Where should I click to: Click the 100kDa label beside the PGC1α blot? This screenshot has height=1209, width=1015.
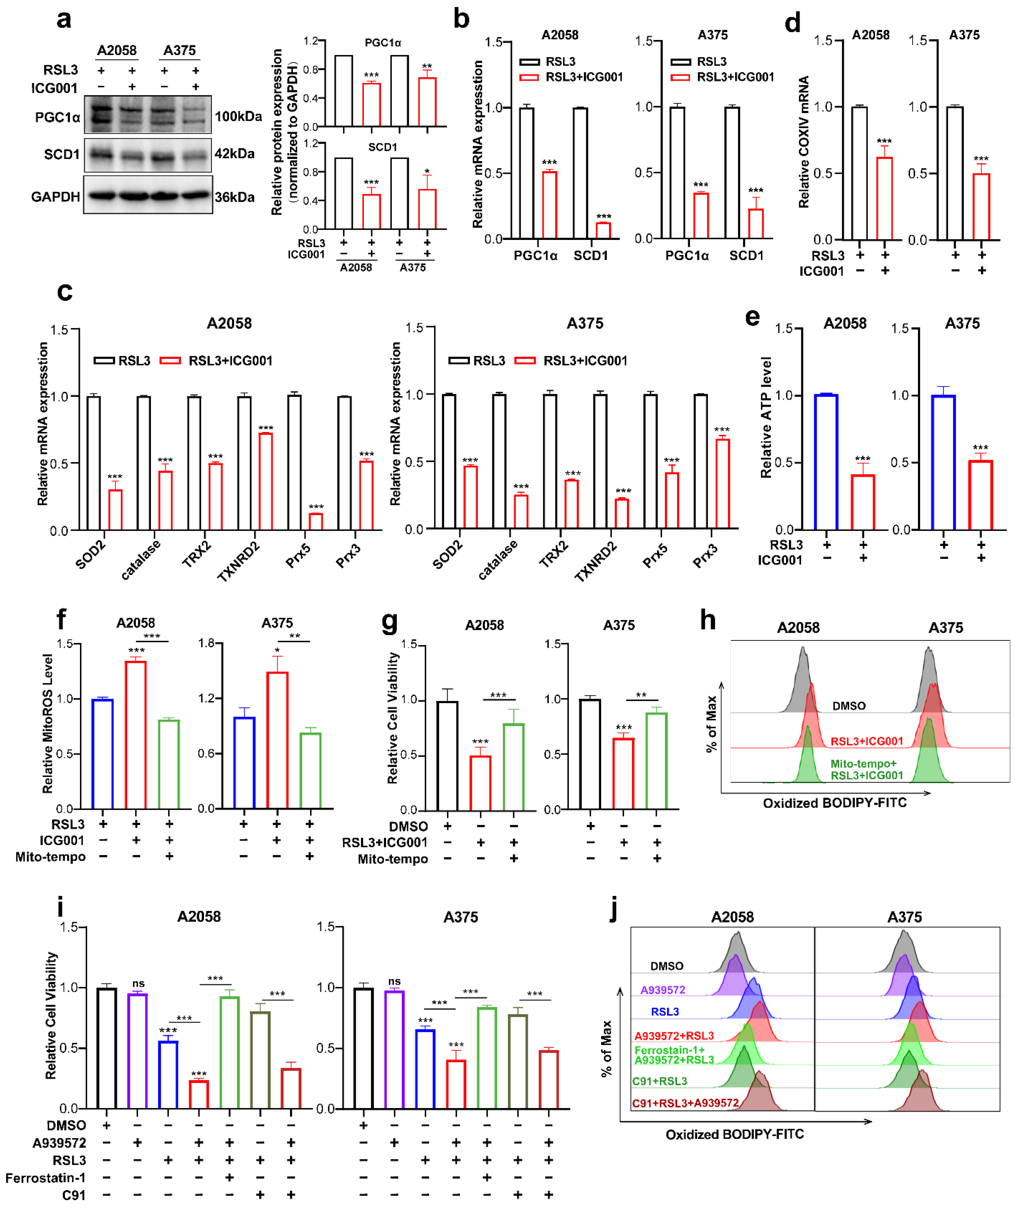click(238, 116)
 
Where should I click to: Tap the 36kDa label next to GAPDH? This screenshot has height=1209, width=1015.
click(235, 197)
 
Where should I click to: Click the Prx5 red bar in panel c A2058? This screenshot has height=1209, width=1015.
click(316, 521)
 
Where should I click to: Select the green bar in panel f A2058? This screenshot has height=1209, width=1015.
click(169, 764)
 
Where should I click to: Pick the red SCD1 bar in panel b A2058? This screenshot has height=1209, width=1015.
click(603, 230)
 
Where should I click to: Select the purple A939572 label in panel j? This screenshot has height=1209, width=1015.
click(662, 990)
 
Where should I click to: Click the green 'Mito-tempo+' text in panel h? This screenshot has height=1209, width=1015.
click(863, 763)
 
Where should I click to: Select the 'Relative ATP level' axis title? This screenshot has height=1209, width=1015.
click(765, 417)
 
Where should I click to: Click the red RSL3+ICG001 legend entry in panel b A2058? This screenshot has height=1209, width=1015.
click(583, 77)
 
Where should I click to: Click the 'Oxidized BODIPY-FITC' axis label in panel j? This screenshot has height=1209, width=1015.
click(734, 1134)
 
